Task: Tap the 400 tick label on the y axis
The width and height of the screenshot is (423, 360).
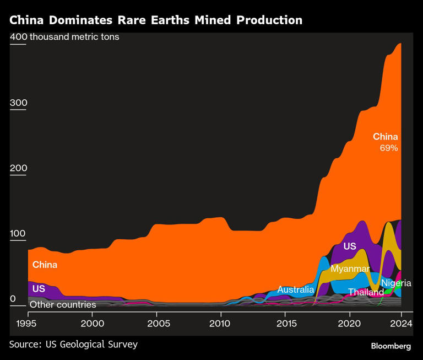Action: tap(18, 37)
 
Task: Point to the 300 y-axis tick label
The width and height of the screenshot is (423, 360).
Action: tap(18, 103)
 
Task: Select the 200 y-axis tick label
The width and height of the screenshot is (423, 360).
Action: tap(18, 168)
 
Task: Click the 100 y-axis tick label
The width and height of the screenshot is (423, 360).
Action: tap(18, 233)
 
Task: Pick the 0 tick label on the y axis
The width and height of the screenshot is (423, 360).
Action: tap(13, 298)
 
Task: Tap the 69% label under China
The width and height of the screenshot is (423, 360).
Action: tap(388, 148)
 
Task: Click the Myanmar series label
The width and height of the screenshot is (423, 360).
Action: tap(350, 268)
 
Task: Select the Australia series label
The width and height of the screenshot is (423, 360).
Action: tap(295, 289)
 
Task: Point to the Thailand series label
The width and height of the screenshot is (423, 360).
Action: tap(365, 292)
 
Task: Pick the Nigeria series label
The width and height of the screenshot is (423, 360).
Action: tap(396, 283)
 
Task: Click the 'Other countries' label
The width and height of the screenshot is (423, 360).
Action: tap(62, 304)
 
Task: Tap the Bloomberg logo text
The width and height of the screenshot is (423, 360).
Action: tap(391, 346)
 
